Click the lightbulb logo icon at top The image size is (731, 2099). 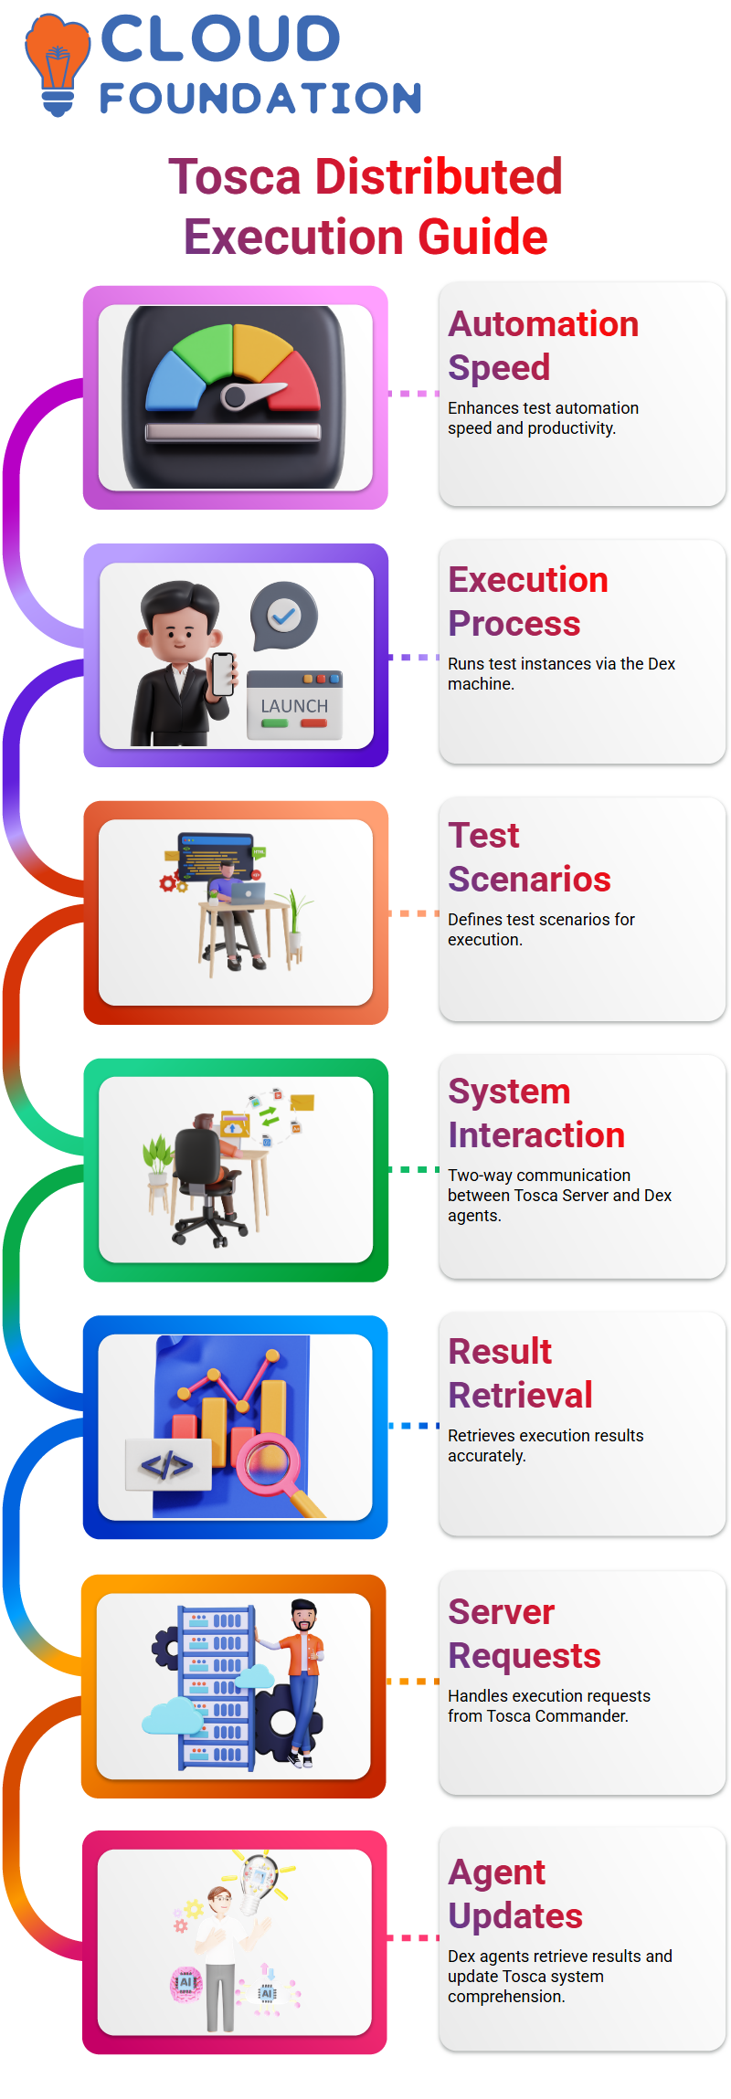[58, 65]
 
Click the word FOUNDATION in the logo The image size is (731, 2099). [260, 99]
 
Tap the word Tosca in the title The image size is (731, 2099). [235, 176]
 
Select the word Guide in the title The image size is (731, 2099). [482, 237]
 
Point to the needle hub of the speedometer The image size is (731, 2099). [234, 397]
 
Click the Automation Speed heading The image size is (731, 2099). [543, 345]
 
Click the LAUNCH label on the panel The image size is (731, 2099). [294, 706]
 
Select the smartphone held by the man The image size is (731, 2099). [223, 674]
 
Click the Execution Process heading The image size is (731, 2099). [527, 601]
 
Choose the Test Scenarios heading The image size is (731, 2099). [529, 857]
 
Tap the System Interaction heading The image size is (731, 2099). [536, 1113]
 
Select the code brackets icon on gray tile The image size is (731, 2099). [168, 1466]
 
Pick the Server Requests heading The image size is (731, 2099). [524, 1633]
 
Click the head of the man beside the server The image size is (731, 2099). [303, 1616]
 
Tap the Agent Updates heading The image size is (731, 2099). [514, 1893]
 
